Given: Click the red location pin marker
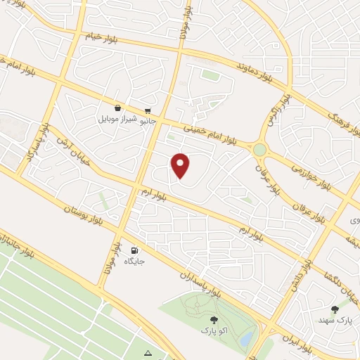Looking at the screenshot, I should click(x=181, y=165).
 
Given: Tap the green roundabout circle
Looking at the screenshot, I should click(x=262, y=149).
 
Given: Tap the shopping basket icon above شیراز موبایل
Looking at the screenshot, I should click(x=117, y=108).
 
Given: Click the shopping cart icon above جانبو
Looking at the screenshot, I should click(x=148, y=110).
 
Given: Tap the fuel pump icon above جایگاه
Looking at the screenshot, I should click(x=134, y=250).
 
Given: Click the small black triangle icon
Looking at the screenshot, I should click(x=148, y=352).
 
